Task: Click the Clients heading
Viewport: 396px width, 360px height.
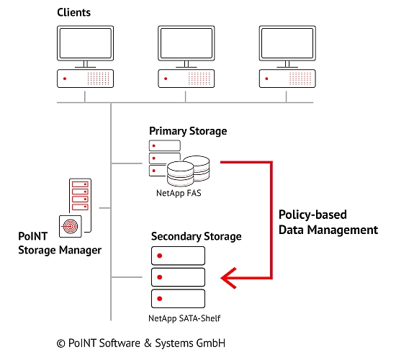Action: pyautogui.click(x=73, y=12)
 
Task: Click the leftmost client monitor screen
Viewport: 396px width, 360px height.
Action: pyautogui.click(x=86, y=43)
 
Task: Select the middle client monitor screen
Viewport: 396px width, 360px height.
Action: pyautogui.click(x=186, y=43)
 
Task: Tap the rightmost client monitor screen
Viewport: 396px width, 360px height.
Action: pyautogui.click(x=287, y=43)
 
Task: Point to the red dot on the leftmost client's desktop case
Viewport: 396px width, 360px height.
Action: pyautogui.click(x=65, y=78)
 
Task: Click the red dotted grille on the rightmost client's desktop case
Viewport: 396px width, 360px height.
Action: pyautogui.click(x=300, y=78)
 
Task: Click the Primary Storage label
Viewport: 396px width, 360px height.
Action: pyautogui.click(x=188, y=131)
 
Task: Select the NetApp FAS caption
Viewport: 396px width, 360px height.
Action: pyautogui.click(x=179, y=193)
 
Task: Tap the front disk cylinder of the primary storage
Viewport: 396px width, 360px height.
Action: pyautogui.click(x=180, y=174)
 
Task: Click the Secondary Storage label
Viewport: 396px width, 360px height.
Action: pyautogui.click(x=197, y=236)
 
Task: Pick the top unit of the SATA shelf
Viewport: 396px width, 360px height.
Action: pyautogui.click(x=178, y=256)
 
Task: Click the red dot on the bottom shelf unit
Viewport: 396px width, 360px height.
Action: pyautogui.click(x=159, y=299)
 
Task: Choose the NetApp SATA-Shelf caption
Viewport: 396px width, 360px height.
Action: pyautogui.click(x=184, y=318)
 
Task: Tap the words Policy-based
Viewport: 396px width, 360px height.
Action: pyautogui.click(x=312, y=215)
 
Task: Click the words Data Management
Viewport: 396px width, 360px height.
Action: pyautogui.click(x=328, y=230)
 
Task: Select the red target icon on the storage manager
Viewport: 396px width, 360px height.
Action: pyautogui.click(x=71, y=226)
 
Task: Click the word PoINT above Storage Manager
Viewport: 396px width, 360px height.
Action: pyautogui.click(x=33, y=236)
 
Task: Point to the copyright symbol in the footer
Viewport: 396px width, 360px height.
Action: pyautogui.click(x=61, y=343)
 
